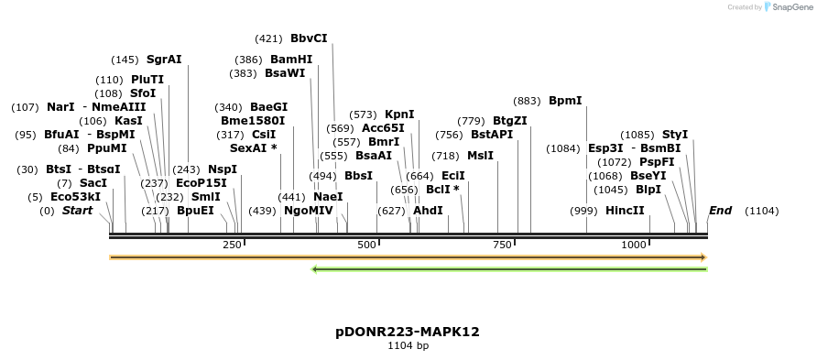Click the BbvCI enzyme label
pyautogui.click(x=309, y=38)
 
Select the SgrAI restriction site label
pyautogui.click(x=164, y=60)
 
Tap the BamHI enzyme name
pyautogui.click(x=291, y=60)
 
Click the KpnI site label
pyautogui.click(x=399, y=115)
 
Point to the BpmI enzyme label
pyautogui.click(x=565, y=101)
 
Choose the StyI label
pyautogui.click(x=675, y=135)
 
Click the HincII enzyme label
pyautogui.click(x=625, y=211)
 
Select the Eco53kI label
pyautogui.click(x=75, y=197)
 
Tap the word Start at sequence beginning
pyautogui.click(x=78, y=211)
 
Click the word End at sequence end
pyautogui.click(x=720, y=211)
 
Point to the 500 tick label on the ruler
pyautogui.click(x=367, y=245)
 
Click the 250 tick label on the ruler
pyautogui.click(x=232, y=245)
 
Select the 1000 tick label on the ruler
pyautogui.click(x=634, y=245)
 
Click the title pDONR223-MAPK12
pyautogui.click(x=408, y=332)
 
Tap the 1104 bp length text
pyautogui.click(x=408, y=346)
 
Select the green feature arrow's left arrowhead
pyautogui.click(x=315, y=269)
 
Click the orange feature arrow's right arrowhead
pyautogui.click(x=703, y=257)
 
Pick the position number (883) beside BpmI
pyautogui.click(x=528, y=101)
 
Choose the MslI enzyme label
pyautogui.click(x=480, y=156)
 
